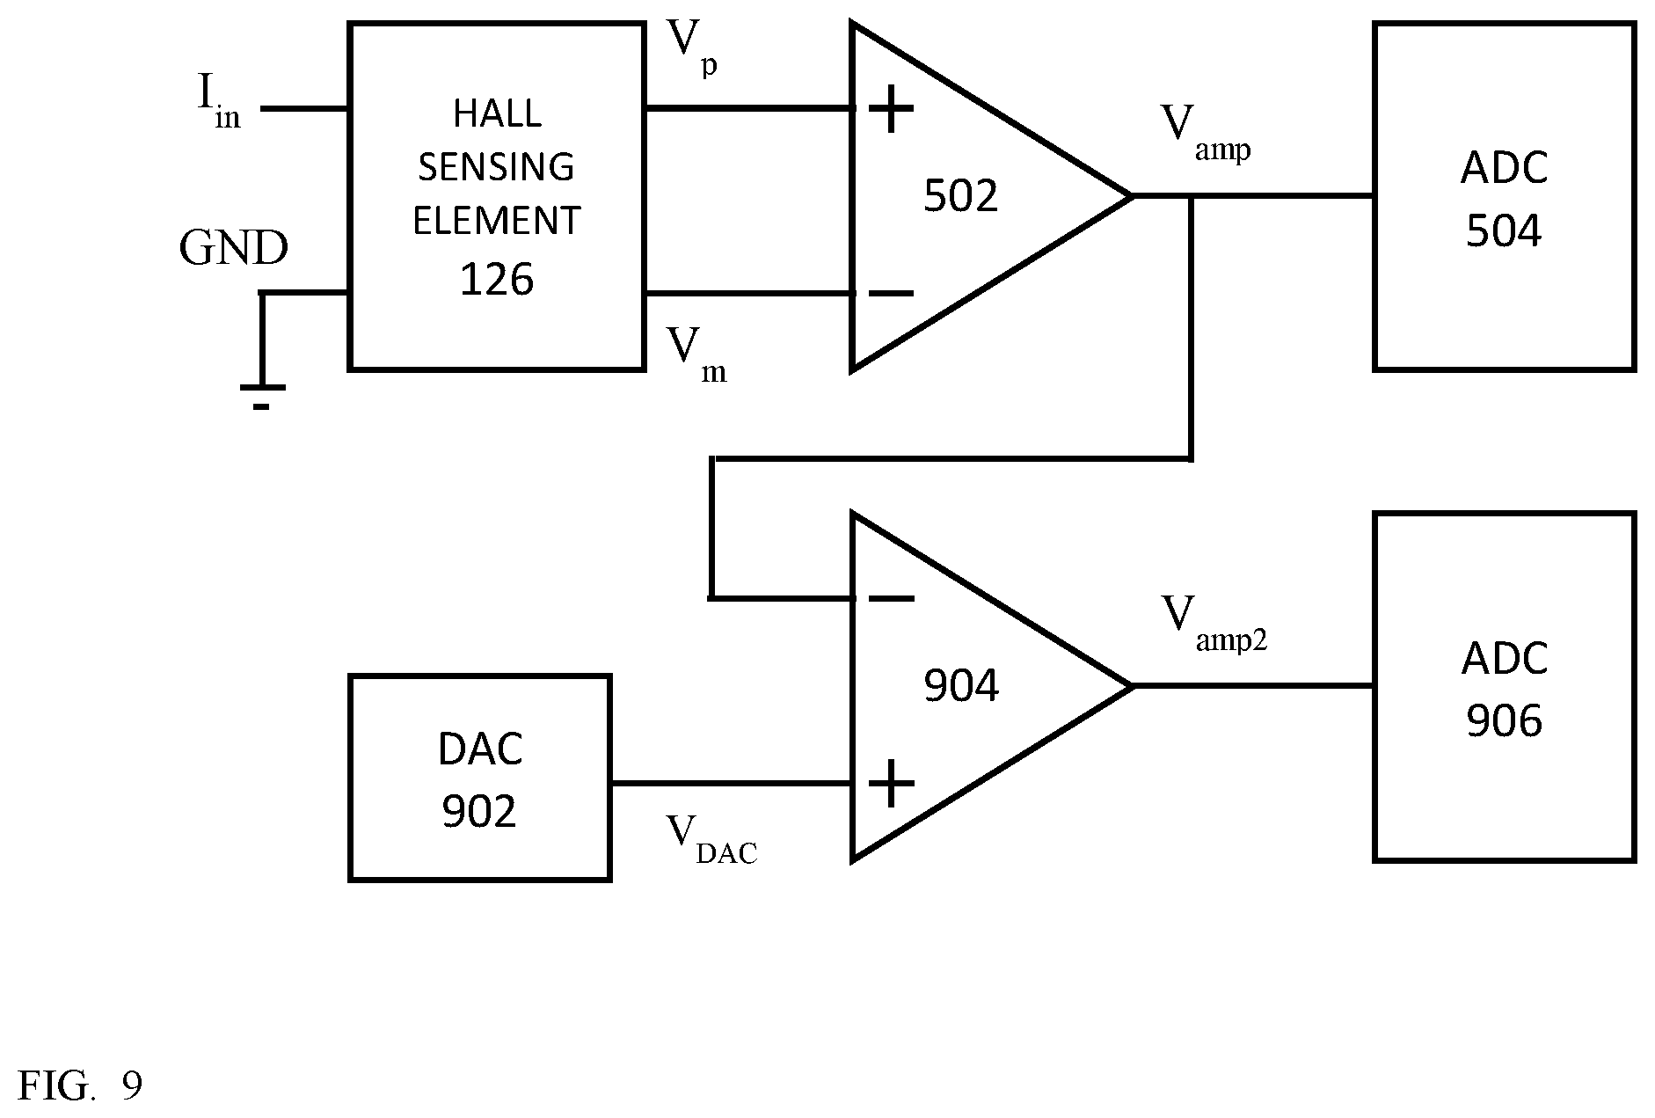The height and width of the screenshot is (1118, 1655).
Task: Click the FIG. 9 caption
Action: (80, 1086)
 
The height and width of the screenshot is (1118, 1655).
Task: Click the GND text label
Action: (233, 249)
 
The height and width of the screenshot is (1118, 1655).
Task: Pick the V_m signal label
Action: (696, 354)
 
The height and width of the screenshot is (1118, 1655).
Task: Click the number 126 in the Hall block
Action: (497, 280)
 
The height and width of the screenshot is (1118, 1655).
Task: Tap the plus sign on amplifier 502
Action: (892, 109)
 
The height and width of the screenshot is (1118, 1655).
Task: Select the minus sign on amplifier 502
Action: (892, 293)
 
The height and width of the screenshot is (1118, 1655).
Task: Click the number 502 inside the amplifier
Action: (961, 196)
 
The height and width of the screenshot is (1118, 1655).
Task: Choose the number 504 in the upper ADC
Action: (1504, 231)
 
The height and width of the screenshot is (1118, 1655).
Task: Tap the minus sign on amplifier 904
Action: (892, 598)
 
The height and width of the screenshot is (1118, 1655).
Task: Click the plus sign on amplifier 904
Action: (892, 783)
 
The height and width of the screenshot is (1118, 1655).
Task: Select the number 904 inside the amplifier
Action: (961, 686)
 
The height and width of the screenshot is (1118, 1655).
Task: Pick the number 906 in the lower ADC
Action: (1504, 721)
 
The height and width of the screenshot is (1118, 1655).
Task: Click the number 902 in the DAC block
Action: (479, 812)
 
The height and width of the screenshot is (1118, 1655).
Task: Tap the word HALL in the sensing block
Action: (497, 113)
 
